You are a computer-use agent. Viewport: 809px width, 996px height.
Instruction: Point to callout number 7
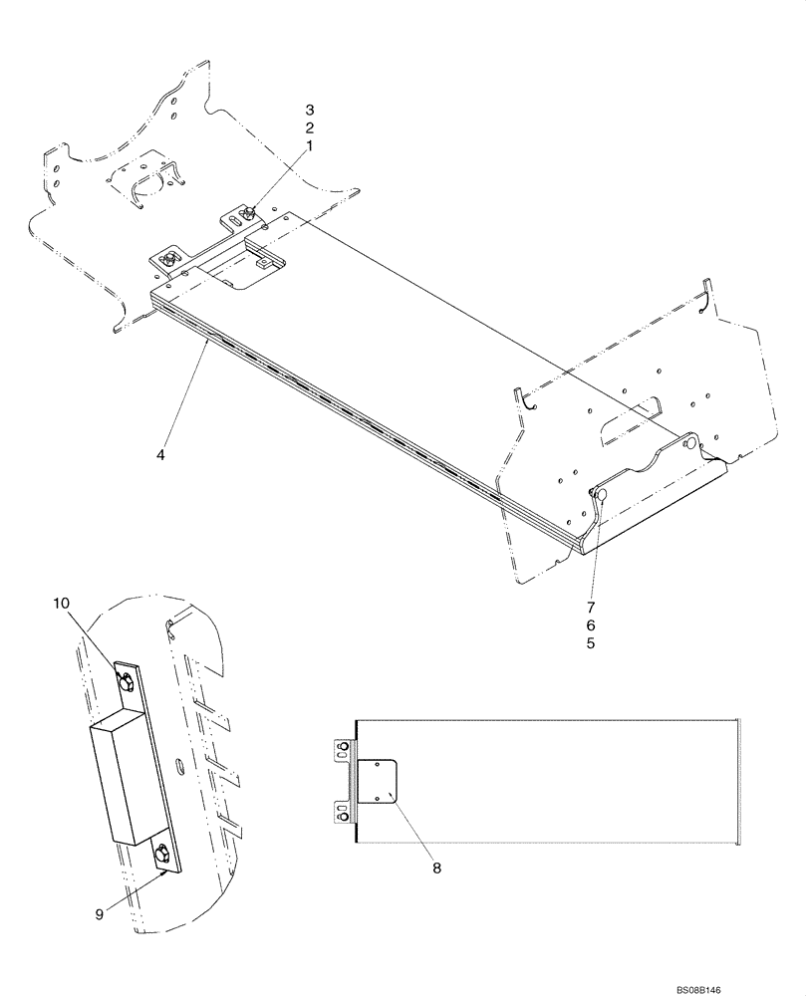[591, 606]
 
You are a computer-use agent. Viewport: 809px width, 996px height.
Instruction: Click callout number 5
[591, 643]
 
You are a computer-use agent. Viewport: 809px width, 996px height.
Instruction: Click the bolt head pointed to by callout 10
[127, 681]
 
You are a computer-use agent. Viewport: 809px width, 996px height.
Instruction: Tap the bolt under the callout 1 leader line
[248, 212]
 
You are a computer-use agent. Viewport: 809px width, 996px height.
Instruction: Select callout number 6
[591, 624]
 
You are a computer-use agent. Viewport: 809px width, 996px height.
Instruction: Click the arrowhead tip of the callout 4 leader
[206, 340]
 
